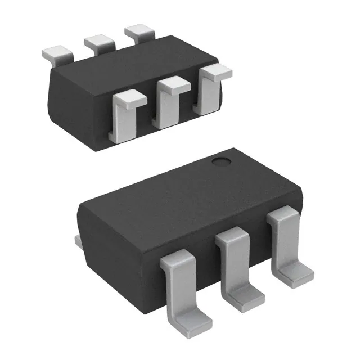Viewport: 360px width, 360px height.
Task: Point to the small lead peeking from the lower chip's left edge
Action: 79,241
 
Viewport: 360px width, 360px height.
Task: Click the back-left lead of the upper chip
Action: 57,53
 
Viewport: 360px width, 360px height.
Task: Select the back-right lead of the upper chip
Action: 139,31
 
